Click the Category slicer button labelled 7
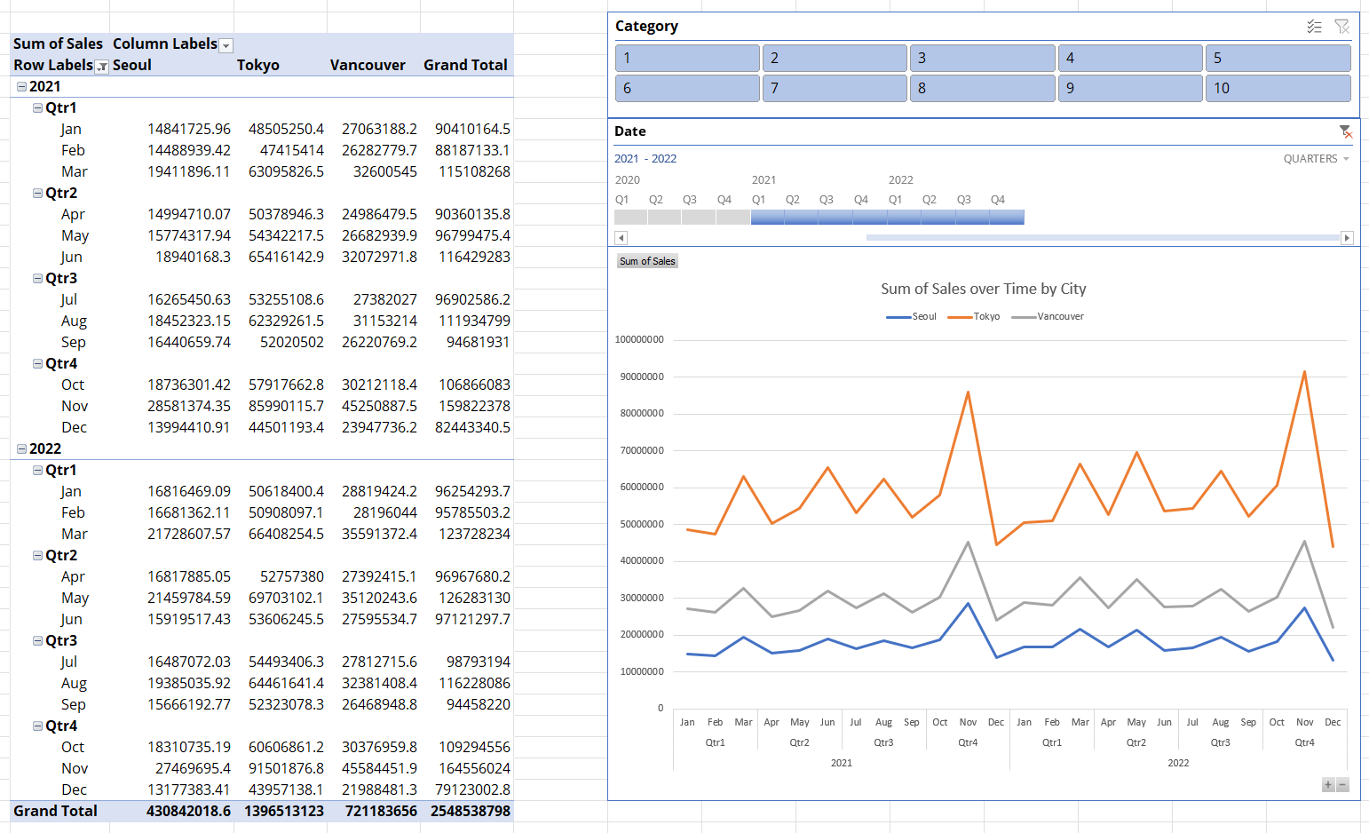(834, 88)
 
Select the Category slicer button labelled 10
(1277, 88)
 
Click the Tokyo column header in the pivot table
(258, 65)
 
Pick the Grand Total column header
(465, 65)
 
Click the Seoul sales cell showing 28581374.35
(189, 406)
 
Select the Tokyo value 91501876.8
(286, 768)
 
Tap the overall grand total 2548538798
(471, 811)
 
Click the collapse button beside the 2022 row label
(21, 449)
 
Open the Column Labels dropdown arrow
(226, 45)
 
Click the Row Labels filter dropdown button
(102, 67)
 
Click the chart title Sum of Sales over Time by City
(983, 289)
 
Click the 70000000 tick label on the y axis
(639, 450)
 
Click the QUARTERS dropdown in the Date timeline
(1316, 159)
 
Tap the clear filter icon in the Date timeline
(1346, 131)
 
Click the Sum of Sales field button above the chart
(647, 261)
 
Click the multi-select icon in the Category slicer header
(1314, 27)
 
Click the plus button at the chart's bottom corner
(1328, 784)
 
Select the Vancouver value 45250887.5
(379, 406)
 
